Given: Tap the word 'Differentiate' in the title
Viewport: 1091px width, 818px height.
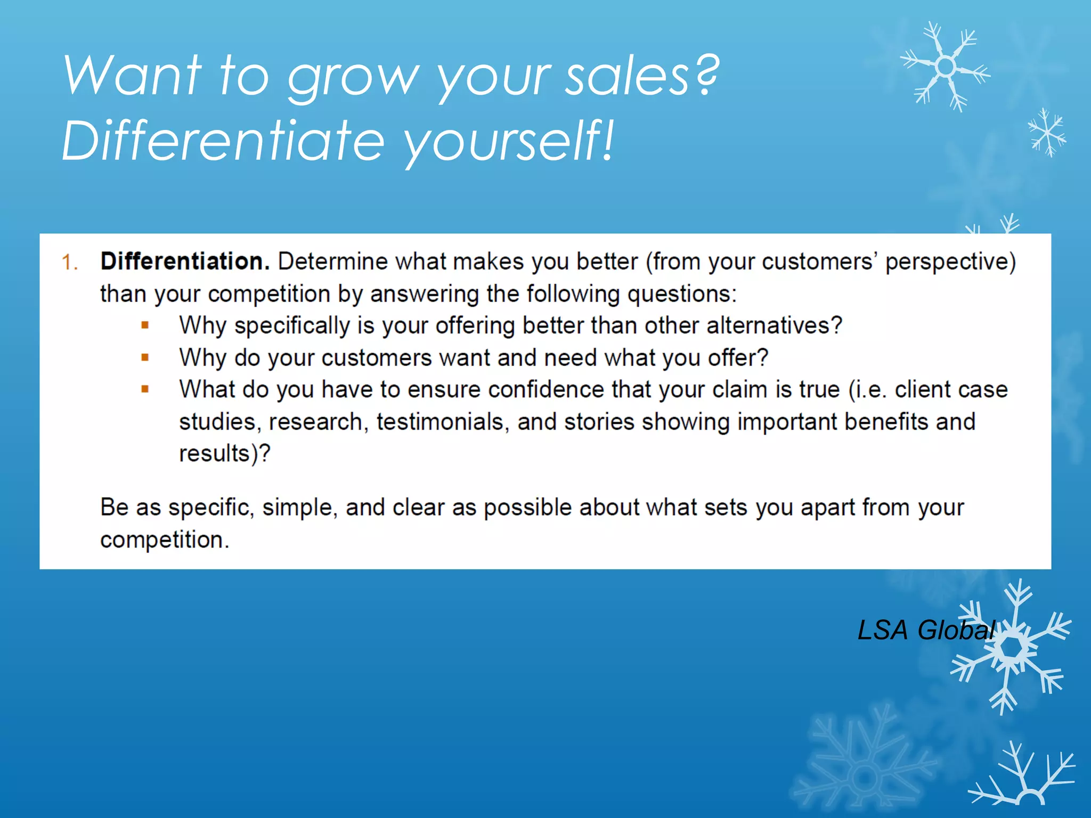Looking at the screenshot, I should [x=223, y=141].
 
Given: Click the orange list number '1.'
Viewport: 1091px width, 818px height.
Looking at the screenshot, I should [x=70, y=263].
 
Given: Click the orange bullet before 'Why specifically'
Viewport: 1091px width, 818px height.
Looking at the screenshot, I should [x=145, y=325].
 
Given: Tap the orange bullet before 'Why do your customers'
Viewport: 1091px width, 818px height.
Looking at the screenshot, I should [x=145, y=357].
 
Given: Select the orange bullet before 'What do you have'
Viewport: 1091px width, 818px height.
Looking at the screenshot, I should [x=145, y=389].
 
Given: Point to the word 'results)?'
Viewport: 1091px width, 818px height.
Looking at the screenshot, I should [x=224, y=454].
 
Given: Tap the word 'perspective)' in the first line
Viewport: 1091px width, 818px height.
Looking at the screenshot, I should [x=950, y=262].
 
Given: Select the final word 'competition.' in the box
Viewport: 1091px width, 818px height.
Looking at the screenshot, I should [x=165, y=540].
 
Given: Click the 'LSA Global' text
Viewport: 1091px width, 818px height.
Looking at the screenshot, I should [x=926, y=630].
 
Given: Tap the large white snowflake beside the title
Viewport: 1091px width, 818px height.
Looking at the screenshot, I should [x=946, y=67].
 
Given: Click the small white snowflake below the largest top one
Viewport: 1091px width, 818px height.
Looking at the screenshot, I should [x=1047, y=133].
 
